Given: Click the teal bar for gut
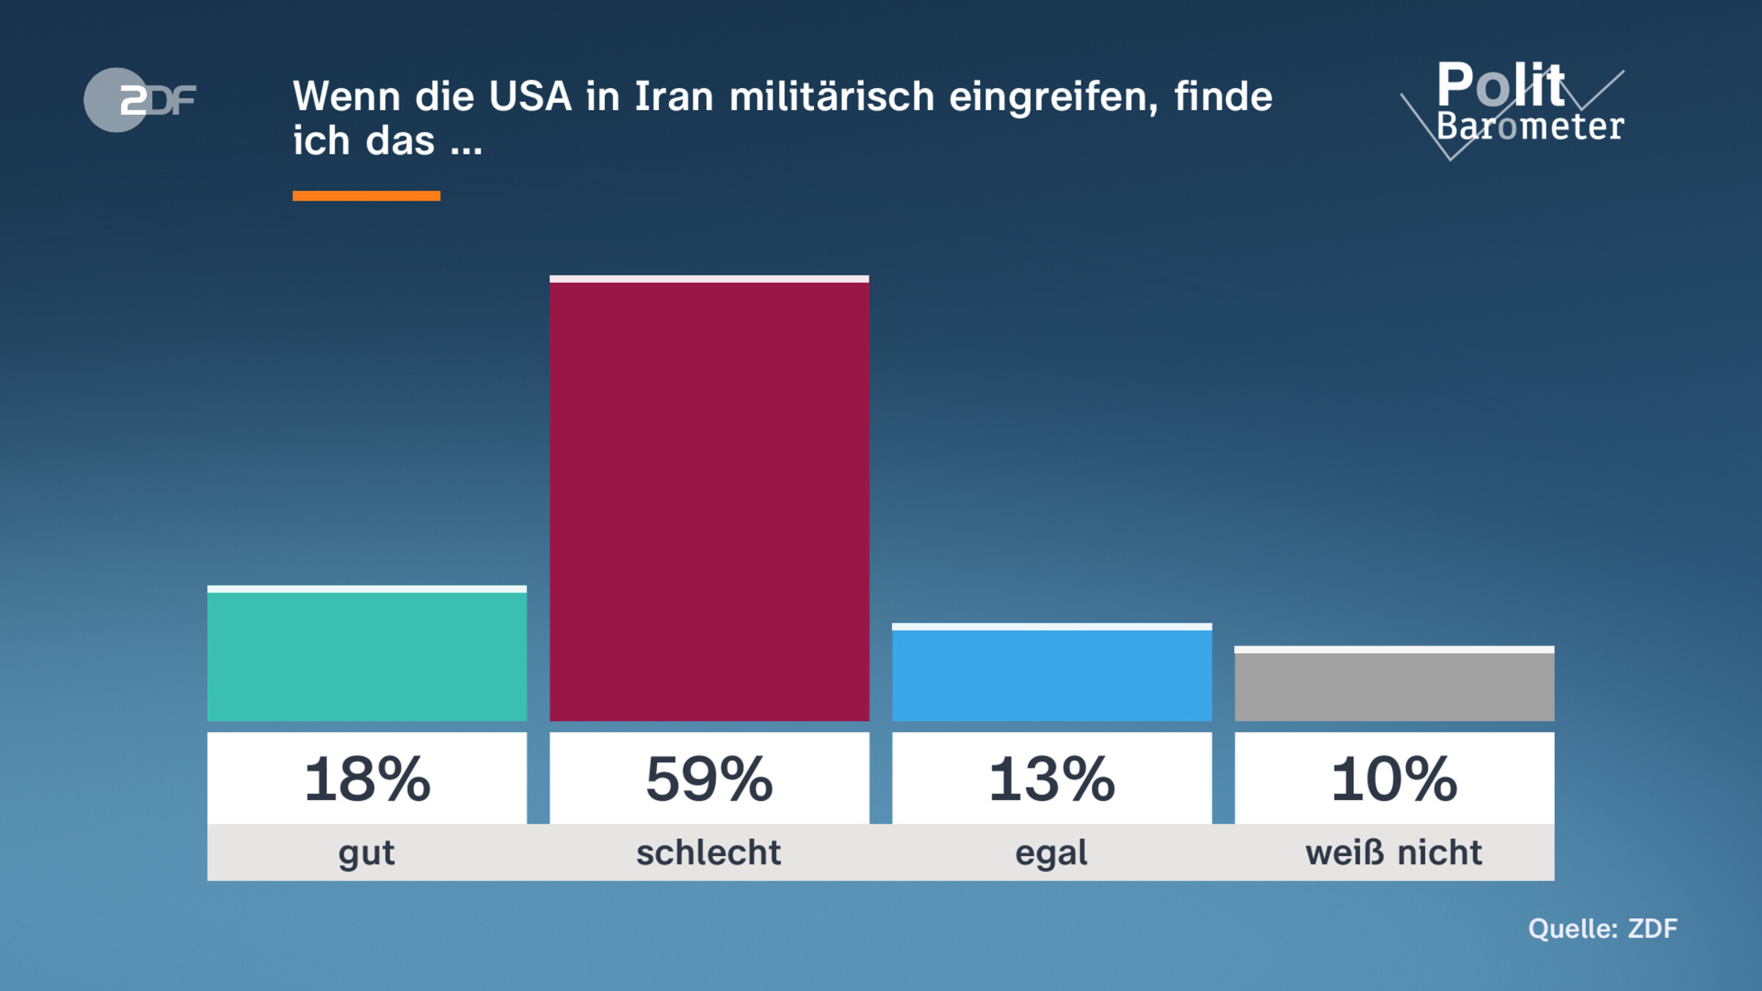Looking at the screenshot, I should pos(367,655).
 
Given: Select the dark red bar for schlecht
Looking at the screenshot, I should pos(709,499).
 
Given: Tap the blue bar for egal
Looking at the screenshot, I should pos(1051,673).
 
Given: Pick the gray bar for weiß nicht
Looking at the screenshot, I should pos(1394,685).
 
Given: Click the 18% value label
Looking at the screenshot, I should pos(367,779).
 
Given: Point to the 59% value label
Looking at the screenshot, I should pos(709,779).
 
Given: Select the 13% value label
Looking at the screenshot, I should pos(1051,779).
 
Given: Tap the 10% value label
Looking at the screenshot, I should pos(1394,779).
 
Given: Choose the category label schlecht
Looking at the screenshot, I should pos(708,853).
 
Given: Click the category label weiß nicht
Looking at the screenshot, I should pos(1393,853).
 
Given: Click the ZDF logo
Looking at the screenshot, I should pos(139,100).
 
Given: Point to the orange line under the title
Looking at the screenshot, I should pos(366,196).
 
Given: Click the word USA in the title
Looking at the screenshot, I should pos(530,97).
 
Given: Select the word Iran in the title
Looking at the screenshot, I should pos(673,97).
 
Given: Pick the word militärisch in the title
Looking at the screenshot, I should pos(831,97).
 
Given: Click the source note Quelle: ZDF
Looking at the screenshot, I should pos(1603,929).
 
